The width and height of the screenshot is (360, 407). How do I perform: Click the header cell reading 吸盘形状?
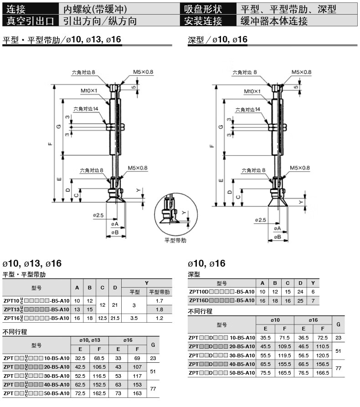coord(203,9)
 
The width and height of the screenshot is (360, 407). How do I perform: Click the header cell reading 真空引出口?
coord(30,21)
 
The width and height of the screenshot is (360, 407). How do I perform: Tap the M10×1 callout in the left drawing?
coord(89,91)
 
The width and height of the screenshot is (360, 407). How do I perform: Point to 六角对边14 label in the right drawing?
coord(247,109)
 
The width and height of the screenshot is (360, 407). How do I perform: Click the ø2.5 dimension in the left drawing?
coord(98,215)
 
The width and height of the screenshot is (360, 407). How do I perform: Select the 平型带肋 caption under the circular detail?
coord(175,240)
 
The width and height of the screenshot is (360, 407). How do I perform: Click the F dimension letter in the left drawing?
coord(50,144)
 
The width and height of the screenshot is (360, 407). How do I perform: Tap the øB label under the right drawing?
coord(278,237)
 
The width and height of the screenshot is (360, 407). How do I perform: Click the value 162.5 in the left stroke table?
coord(99,393)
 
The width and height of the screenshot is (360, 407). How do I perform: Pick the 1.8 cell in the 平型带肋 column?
coord(159,309)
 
